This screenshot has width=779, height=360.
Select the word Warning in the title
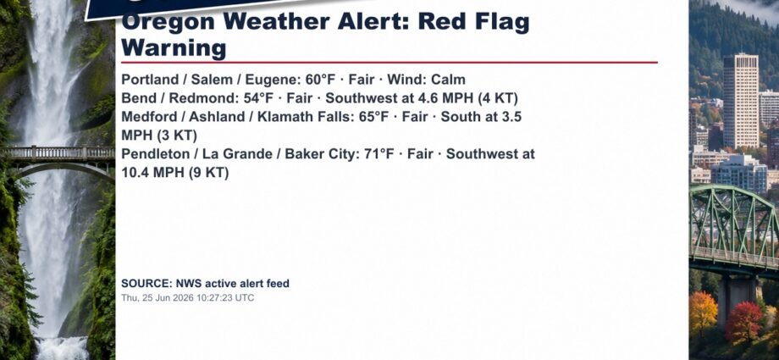tap(174, 47)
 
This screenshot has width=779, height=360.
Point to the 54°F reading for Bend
tap(258, 98)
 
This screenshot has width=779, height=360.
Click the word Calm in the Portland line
tap(448, 80)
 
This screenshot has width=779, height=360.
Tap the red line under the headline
tap(389, 63)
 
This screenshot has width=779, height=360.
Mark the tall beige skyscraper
tap(741, 101)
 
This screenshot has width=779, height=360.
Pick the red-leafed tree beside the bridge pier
tap(743, 322)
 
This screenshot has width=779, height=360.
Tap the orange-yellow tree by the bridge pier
tap(703, 313)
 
